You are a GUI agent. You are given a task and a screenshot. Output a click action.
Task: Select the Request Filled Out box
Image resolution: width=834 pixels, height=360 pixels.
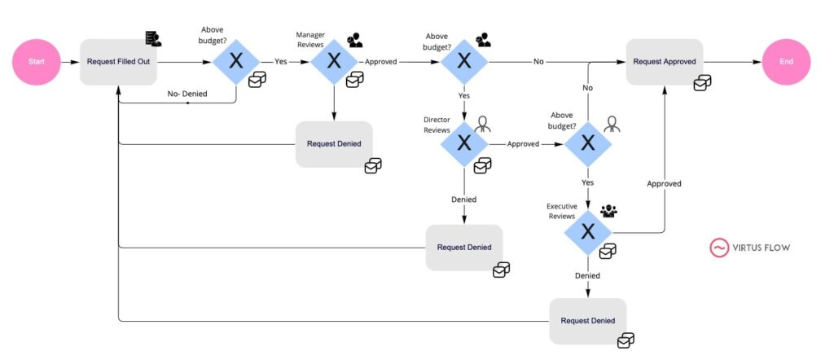(119, 61)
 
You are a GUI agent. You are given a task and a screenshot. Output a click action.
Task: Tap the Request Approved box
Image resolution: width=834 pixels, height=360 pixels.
(664, 61)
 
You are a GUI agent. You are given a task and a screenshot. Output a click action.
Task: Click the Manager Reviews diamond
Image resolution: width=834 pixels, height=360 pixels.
(334, 61)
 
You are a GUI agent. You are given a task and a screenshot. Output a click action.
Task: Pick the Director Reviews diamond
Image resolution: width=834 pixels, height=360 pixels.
(464, 143)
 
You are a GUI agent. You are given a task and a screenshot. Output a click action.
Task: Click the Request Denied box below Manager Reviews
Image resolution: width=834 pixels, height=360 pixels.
(334, 144)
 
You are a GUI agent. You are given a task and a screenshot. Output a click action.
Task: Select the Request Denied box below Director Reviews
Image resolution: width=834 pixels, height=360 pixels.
(464, 247)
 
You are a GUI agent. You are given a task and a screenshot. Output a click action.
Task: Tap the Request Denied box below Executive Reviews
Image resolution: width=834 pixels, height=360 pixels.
(588, 320)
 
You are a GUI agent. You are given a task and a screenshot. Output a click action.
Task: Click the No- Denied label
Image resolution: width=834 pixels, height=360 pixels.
(187, 94)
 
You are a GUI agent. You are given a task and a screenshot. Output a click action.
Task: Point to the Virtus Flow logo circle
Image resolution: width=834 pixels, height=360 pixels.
(719, 248)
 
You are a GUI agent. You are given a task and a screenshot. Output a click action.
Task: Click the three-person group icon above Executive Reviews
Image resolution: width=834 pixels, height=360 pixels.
(608, 211)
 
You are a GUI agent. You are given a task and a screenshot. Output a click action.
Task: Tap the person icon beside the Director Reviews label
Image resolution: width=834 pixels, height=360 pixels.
(483, 124)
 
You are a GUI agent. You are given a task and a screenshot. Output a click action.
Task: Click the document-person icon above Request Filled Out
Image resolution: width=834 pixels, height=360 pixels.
(152, 38)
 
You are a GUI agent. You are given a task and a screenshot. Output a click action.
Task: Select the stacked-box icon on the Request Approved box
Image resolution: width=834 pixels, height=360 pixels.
(701, 83)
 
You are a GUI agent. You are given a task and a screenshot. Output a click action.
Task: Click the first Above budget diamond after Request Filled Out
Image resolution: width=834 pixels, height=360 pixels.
(236, 61)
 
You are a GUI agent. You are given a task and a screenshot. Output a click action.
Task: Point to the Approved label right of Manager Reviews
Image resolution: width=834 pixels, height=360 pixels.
(386, 61)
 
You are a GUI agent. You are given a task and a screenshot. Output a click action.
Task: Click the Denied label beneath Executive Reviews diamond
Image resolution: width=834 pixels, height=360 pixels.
(587, 275)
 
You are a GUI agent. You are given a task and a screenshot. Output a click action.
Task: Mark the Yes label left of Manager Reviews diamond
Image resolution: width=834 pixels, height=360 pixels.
(280, 61)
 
